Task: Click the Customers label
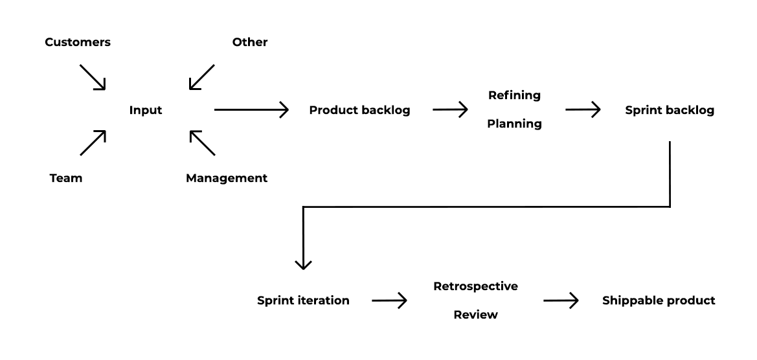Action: click(78, 43)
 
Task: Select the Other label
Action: click(250, 43)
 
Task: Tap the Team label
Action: click(66, 178)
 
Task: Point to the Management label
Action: click(227, 178)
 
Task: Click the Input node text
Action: click(146, 111)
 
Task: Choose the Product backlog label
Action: click(359, 111)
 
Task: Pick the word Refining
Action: click(514, 95)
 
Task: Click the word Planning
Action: click(514, 124)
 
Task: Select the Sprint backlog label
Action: click(670, 111)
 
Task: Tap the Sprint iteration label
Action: click(303, 300)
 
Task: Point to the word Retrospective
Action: click(475, 286)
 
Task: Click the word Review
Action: click(475, 315)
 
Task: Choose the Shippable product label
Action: click(659, 300)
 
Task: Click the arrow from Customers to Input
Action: click(93, 77)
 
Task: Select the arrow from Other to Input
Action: click(201, 77)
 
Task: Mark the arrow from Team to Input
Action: click(93, 143)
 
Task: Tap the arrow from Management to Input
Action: click(201, 143)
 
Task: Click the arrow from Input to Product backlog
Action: click(251, 111)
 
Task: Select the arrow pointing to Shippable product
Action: click(560, 300)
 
